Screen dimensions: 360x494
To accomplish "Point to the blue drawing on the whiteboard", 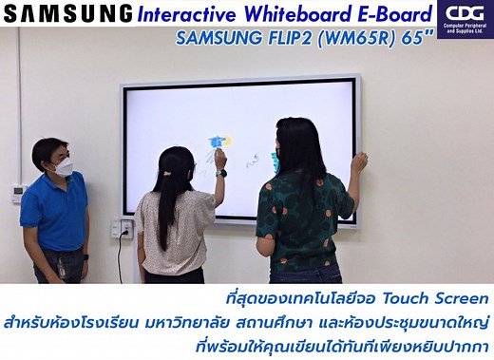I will point(215,143).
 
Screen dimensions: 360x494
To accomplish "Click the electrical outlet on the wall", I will point(122,228).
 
